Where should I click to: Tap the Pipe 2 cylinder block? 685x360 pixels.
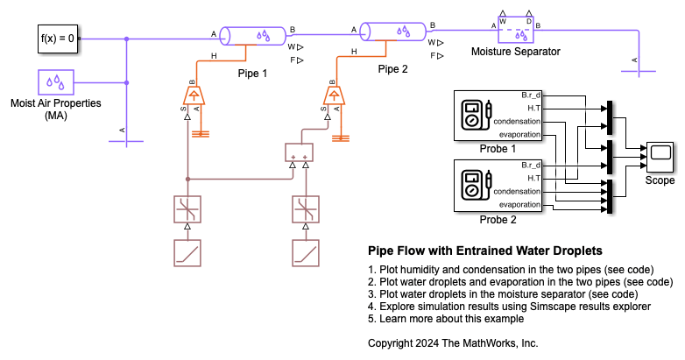(x=392, y=33)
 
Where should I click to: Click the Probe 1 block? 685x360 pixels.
(x=496, y=115)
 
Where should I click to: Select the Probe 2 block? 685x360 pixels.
(x=496, y=185)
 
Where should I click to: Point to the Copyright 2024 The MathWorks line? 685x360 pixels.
(x=453, y=342)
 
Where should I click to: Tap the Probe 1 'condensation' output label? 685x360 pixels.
(x=517, y=121)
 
